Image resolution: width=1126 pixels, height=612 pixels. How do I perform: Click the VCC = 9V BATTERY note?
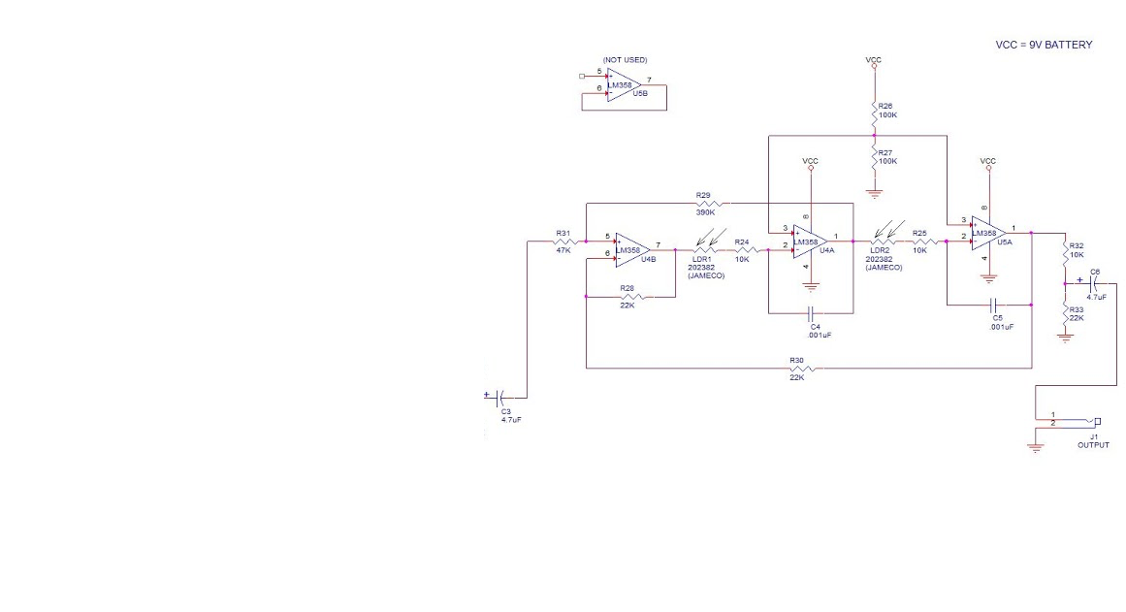pos(1044,45)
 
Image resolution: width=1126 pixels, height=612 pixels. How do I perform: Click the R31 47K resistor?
pos(563,242)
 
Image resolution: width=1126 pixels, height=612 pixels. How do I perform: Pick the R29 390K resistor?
pos(705,204)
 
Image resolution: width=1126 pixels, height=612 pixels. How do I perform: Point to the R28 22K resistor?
pos(630,297)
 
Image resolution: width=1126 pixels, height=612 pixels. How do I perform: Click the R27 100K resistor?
pos(875,157)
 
